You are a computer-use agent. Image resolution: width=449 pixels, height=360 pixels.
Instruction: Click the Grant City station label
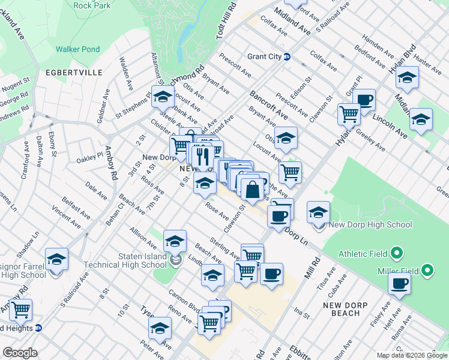[264, 57]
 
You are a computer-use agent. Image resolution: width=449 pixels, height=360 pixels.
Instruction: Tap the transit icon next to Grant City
[288, 57]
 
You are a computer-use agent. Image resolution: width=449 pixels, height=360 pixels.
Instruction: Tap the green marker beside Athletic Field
[396, 253]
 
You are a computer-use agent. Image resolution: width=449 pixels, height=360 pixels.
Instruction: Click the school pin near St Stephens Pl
[161, 95]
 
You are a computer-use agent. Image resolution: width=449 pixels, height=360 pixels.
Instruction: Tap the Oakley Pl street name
[90, 160]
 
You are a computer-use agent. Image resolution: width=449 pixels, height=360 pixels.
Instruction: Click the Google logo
[20, 353]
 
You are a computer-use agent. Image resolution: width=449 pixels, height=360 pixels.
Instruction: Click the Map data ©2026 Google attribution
[412, 355]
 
